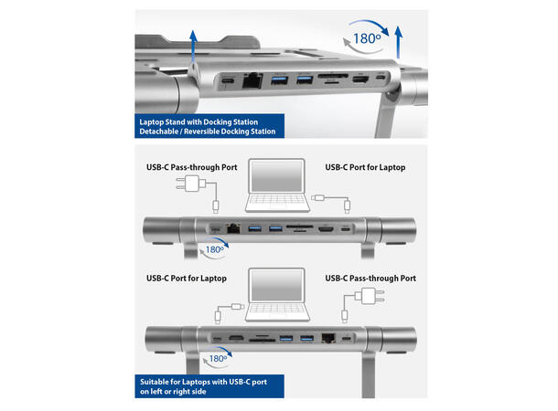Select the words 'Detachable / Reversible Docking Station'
tap(206, 132)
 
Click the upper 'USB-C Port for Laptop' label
tap(365, 167)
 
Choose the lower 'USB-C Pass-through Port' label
tap(370, 278)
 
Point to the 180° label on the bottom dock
tap(215, 359)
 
